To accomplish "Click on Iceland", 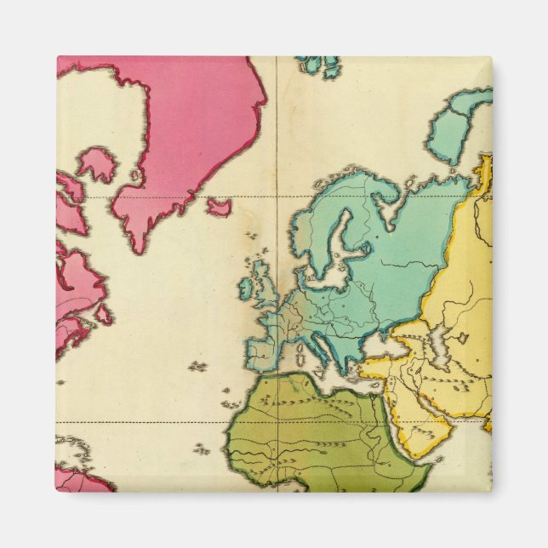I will tap(220, 207).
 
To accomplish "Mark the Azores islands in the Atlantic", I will tap(197, 367).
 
